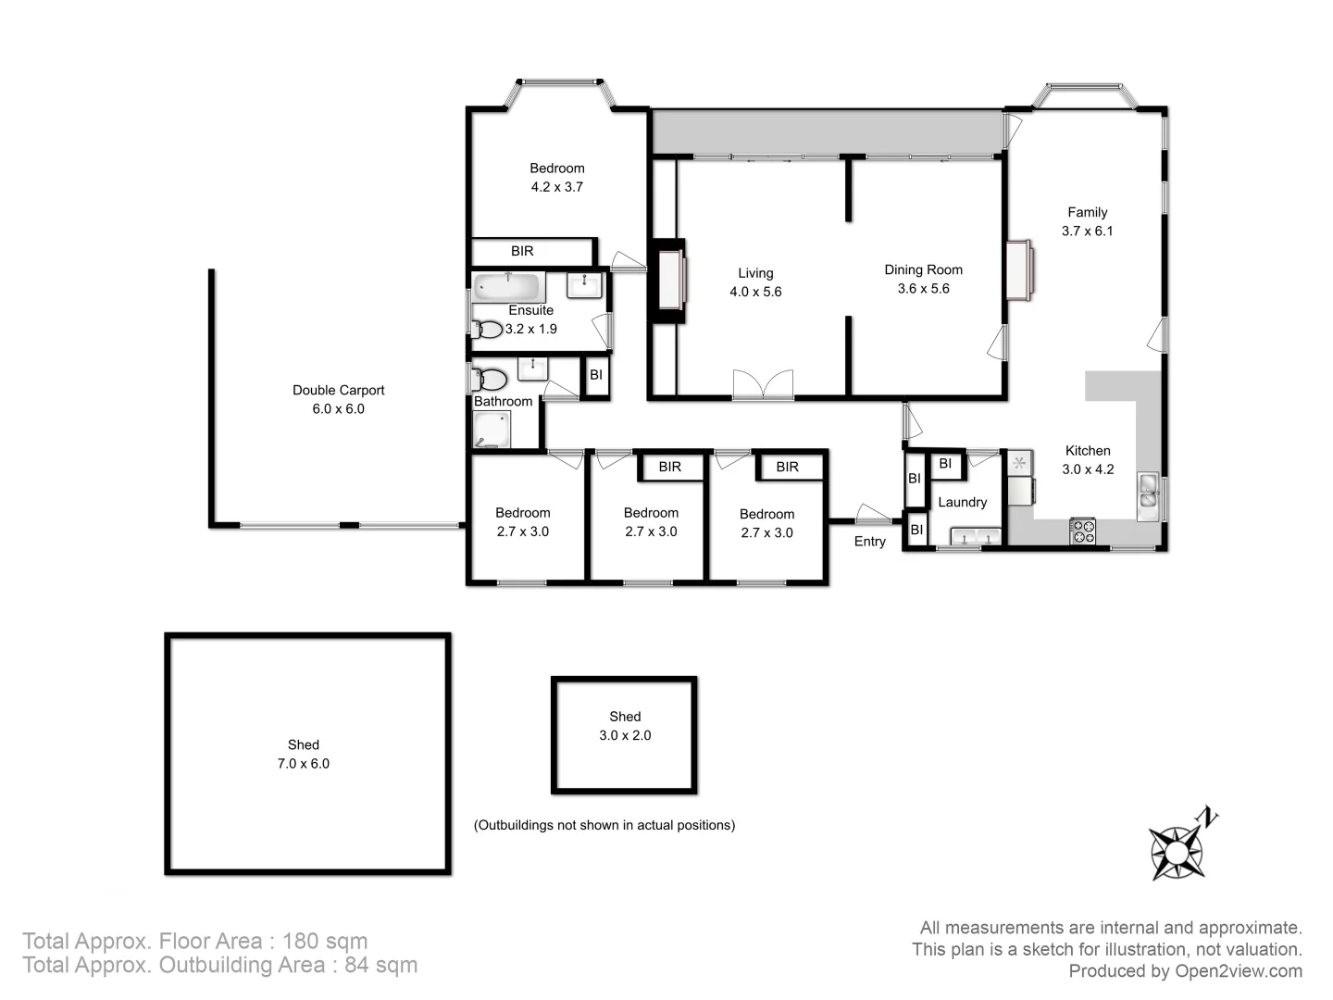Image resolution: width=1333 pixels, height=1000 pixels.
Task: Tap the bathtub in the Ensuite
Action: coord(507,285)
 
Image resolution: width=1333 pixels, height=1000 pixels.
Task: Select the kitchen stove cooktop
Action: coord(1082,531)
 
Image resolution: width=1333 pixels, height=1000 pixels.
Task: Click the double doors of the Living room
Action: coord(763,384)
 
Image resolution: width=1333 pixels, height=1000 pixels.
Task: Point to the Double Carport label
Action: coord(338,391)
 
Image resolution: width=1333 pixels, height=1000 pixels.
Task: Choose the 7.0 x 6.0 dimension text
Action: coord(303,764)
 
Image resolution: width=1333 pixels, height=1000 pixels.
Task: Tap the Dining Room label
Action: coord(923,270)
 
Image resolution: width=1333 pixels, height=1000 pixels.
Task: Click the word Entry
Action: coord(869,542)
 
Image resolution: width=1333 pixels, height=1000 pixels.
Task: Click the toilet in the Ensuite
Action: coord(486,329)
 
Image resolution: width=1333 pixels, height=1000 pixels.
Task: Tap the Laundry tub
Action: coord(976,537)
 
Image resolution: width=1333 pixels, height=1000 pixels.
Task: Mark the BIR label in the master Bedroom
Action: coord(522,251)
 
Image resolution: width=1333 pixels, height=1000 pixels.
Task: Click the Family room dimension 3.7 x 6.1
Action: coord(1087,231)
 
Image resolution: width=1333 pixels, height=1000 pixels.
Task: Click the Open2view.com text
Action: coord(1238,971)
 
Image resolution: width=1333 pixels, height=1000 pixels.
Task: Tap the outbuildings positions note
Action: coord(604,825)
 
